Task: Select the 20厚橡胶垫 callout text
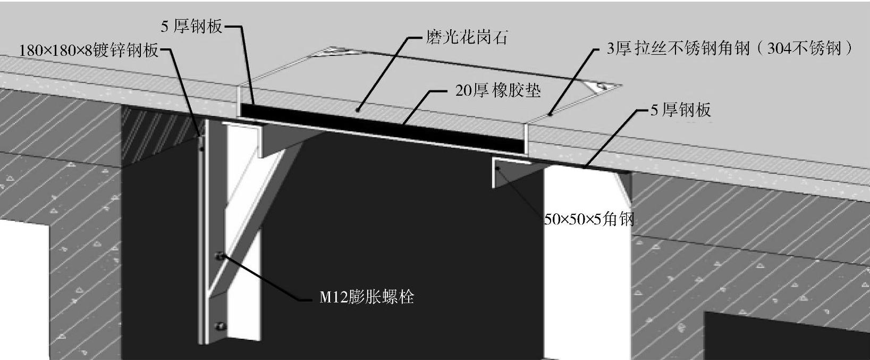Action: [498, 90]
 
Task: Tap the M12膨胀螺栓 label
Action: [366, 297]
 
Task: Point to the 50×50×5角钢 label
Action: [589, 219]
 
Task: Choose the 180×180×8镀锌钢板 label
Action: [89, 51]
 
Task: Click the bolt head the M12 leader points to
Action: [219, 257]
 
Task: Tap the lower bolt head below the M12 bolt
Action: [219, 326]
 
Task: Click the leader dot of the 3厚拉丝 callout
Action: [551, 113]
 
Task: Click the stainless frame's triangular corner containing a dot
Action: [601, 86]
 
